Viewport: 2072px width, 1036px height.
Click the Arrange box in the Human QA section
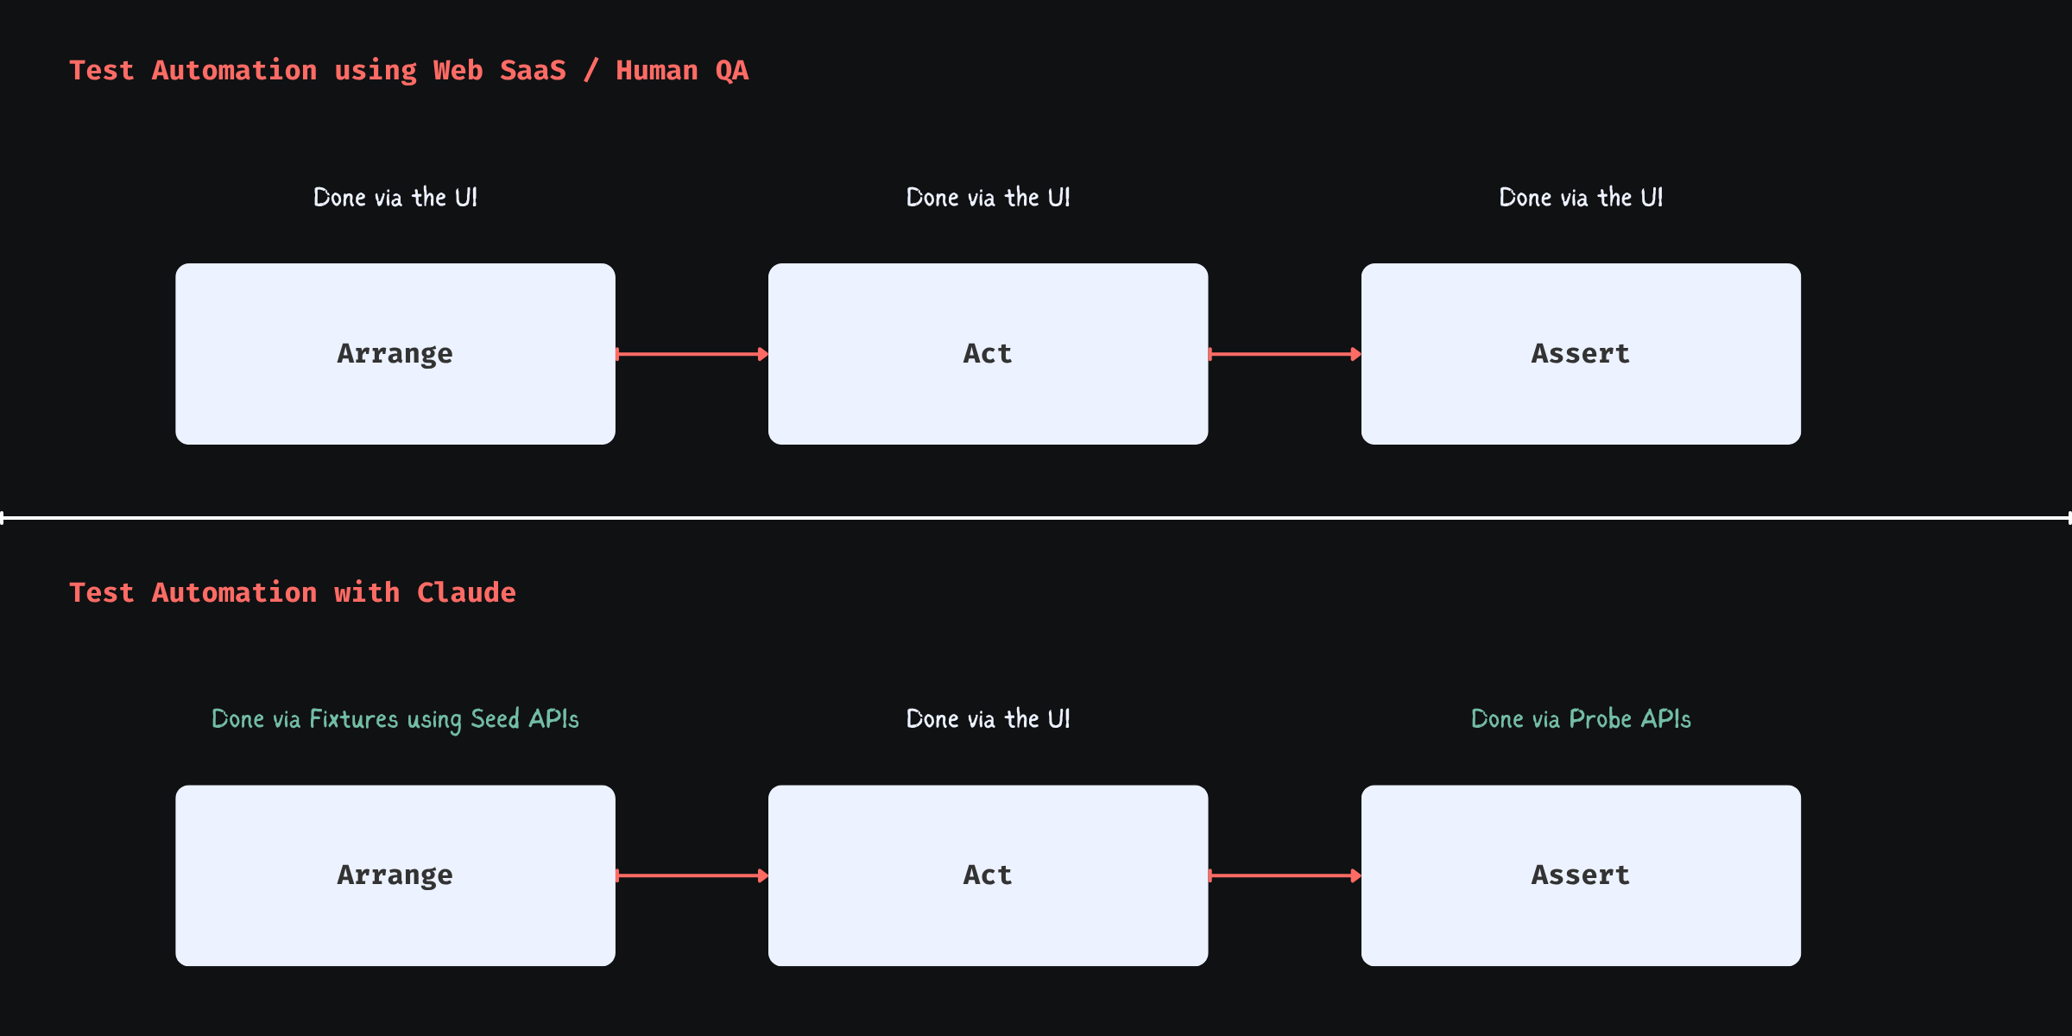395,354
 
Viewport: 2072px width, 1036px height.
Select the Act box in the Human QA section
988,354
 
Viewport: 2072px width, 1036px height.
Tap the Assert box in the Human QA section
1581,354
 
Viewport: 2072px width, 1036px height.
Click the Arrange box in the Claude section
395,875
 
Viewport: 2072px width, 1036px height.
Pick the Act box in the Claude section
988,875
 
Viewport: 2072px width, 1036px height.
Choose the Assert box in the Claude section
1581,875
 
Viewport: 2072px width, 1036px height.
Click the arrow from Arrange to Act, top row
691,354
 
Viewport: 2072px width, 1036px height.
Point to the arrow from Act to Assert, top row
1284,354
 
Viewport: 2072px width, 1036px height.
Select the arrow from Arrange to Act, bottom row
691,875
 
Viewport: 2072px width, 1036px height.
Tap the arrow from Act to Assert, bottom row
1284,875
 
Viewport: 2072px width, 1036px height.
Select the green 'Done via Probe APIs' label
1581,719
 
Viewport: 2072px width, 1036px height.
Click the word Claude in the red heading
466,592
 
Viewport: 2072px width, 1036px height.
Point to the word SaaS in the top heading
533,70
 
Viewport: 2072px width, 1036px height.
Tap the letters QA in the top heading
731,70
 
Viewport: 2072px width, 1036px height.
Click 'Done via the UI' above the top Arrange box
395,198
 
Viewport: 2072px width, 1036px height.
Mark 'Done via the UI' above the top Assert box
1581,198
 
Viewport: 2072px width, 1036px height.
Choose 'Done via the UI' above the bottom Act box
988,719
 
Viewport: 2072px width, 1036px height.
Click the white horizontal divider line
1036,517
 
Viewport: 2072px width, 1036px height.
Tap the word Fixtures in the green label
354,719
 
